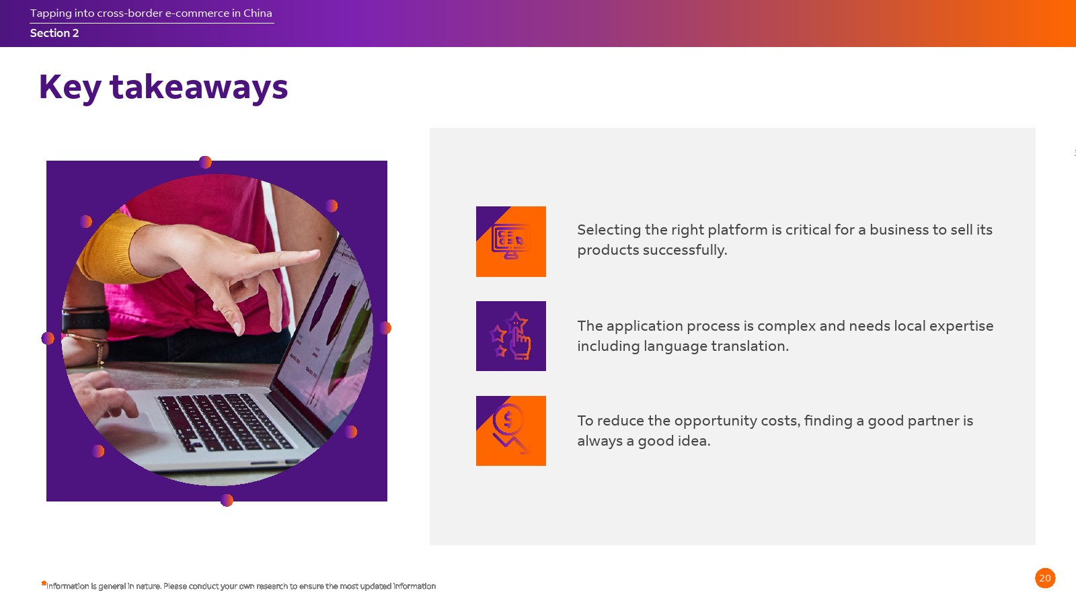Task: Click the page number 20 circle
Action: pyautogui.click(x=1045, y=578)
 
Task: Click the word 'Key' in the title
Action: pyautogui.click(x=70, y=88)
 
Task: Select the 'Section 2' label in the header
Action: pyautogui.click(x=54, y=33)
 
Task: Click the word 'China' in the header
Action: pyautogui.click(x=258, y=13)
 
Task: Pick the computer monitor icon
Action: pyautogui.click(x=510, y=241)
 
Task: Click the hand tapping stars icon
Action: pyautogui.click(x=510, y=335)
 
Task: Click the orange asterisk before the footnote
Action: pyautogui.click(x=44, y=583)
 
